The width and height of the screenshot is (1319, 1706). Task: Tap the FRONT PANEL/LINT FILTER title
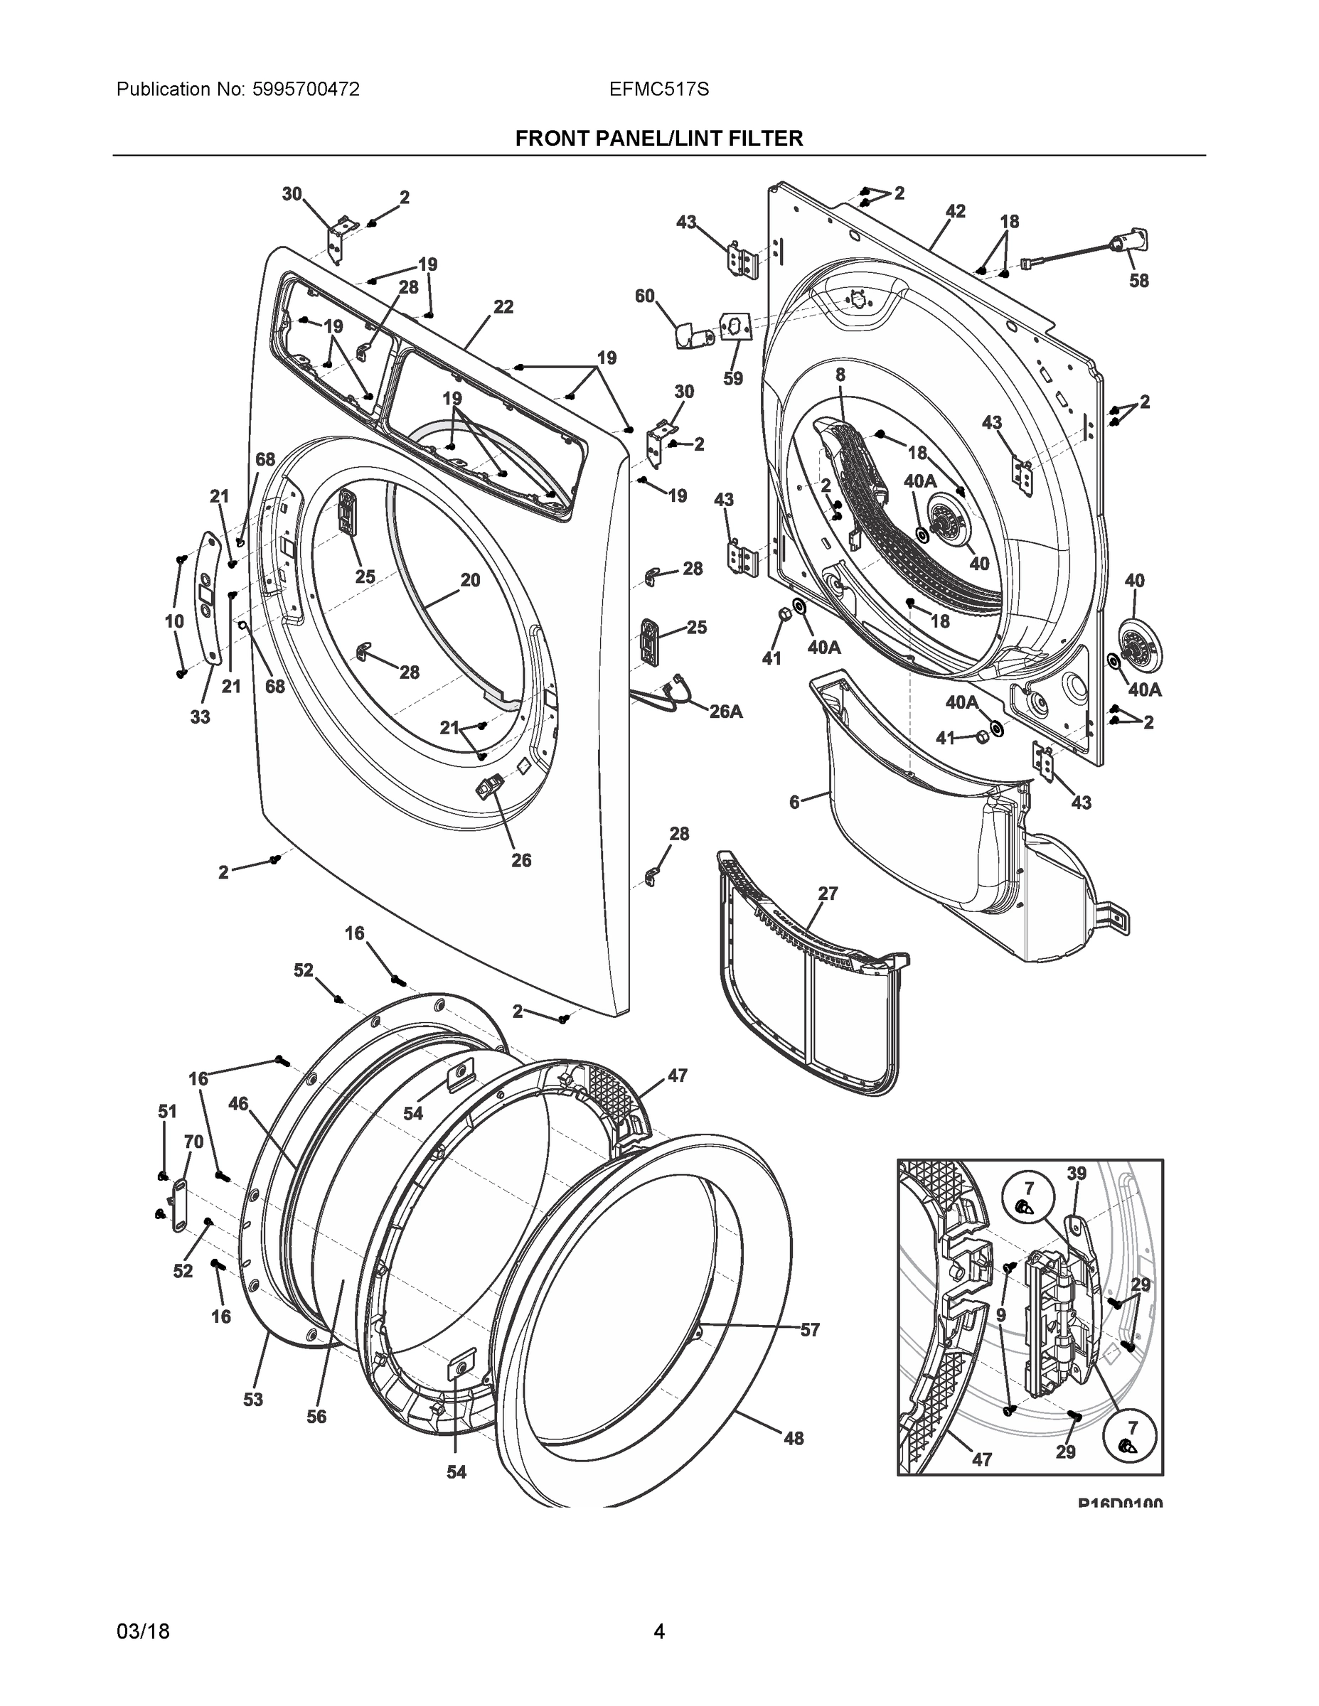tap(658, 139)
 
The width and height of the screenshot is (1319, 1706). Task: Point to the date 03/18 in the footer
tap(143, 1631)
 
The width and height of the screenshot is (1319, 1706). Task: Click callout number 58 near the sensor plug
tap(1138, 281)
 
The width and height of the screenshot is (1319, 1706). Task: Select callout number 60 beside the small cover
tap(645, 296)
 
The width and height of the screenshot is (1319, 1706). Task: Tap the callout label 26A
tap(725, 712)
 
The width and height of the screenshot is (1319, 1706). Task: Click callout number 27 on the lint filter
tap(828, 894)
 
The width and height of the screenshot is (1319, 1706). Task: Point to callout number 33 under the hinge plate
tap(200, 717)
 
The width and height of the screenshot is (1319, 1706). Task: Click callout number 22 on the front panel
tap(503, 307)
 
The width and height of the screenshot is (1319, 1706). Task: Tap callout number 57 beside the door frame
tap(809, 1329)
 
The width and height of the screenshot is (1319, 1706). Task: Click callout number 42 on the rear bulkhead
tap(955, 211)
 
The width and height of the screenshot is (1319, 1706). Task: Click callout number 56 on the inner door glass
tap(316, 1416)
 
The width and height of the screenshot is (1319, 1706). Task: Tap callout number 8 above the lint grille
tap(840, 375)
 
